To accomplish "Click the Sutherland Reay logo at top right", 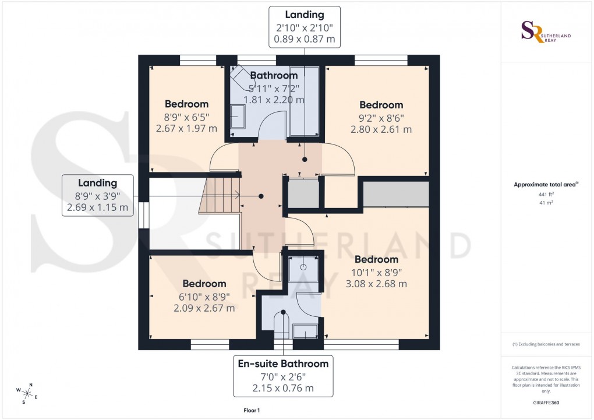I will click(x=545, y=32).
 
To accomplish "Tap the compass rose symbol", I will click(x=27, y=393).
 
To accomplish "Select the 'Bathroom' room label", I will click(x=274, y=75).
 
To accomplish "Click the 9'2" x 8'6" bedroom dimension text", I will click(x=381, y=117).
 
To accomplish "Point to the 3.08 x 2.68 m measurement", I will click(x=376, y=284).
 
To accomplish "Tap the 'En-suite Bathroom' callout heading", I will click(x=283, y=363).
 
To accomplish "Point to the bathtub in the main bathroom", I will click(x=304, y=102).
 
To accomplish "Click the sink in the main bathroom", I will click(x=238, y=117).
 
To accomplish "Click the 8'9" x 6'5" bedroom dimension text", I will click(x=186, y=117).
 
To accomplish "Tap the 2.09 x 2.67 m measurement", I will click(x=204, y=308).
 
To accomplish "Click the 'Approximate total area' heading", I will click(x=544, y=185).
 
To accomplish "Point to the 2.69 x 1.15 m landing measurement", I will click(x=98, y=207).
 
